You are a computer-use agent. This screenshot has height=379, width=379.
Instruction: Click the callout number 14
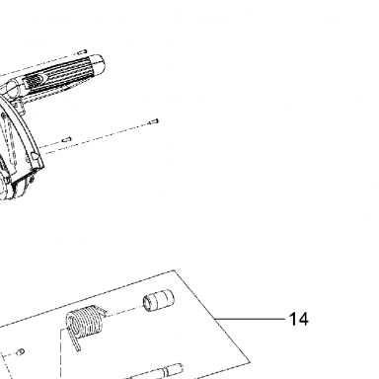[299, 319]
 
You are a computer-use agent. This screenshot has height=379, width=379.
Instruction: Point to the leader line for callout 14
[250, 319]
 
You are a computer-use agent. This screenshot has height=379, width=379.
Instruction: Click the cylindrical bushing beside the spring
[158, 300]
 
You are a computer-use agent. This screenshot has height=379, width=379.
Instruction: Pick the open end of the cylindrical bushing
[148, 303]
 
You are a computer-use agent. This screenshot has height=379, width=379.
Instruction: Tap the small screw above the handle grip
[82, 52]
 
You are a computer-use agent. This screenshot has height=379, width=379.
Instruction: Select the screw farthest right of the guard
[154, 121]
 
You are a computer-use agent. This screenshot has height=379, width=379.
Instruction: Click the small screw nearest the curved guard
[67, 139]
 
